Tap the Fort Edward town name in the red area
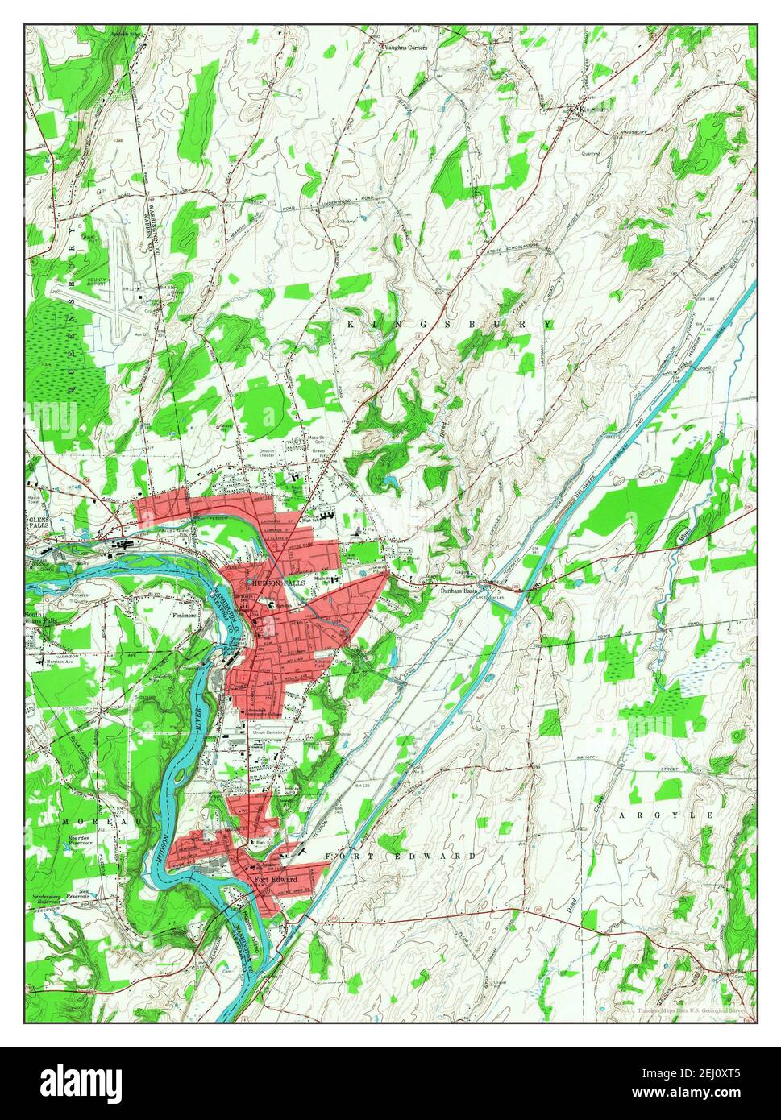coord(276,878)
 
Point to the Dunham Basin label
coord(460,591)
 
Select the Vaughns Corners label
coord(406,48)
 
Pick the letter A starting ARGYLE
coord(622,816)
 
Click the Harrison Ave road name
coord(56,664)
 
